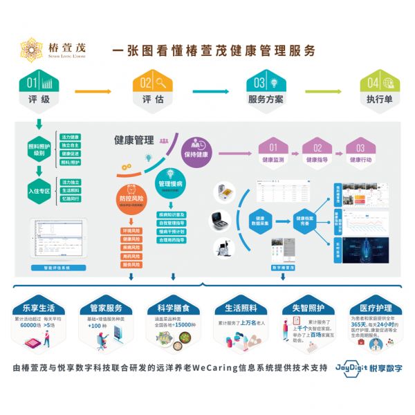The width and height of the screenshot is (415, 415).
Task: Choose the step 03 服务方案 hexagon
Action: point(266,90)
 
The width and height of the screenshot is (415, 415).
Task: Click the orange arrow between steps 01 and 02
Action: point(93,91)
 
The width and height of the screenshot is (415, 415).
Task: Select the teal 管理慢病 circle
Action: point(170,181)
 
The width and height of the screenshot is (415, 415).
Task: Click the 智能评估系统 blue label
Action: point(55,267)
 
